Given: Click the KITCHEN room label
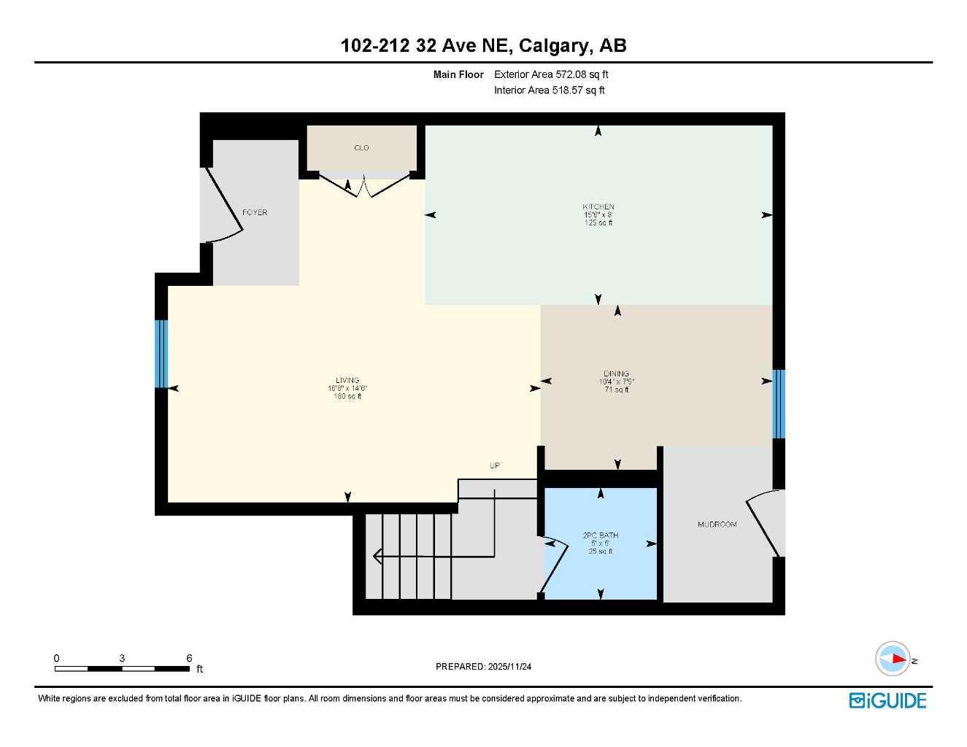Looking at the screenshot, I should [598, 207].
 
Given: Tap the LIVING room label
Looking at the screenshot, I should [347, 380].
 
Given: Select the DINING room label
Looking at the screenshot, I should [617, 373].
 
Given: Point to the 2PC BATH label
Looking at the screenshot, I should [601, 535].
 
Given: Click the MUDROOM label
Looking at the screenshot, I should [717, 525].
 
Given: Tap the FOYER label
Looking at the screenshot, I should [255, 212].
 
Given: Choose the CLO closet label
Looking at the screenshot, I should [361, 148].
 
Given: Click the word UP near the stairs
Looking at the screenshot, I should [495, 465].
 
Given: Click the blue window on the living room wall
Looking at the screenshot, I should [161, 354].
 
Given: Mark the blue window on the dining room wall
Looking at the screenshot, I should [779, 403].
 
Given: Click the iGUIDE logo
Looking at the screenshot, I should [887, 701].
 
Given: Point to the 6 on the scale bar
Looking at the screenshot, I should [189, 658].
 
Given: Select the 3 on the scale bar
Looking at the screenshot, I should [122, 658].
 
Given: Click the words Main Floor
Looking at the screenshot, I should [458, 74].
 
